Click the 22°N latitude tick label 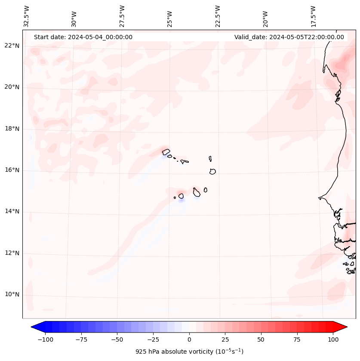tap(12, 46)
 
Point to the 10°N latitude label tap(12, 295)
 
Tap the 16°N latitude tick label tap(12, 170)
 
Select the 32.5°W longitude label tap(27, 16)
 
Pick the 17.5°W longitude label tap(314, 16)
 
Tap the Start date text tap(83, 37)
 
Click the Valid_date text tap(289, 37)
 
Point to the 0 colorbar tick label tap(189, 339)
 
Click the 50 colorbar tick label tap(261, 339)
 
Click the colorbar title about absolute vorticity tap(189, 352)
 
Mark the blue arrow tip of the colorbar tap(36, 327)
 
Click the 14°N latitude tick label tap(12, 211)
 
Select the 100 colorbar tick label tap(332, 339)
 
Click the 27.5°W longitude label tap(122, 16)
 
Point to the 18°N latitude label tap(12, 129)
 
